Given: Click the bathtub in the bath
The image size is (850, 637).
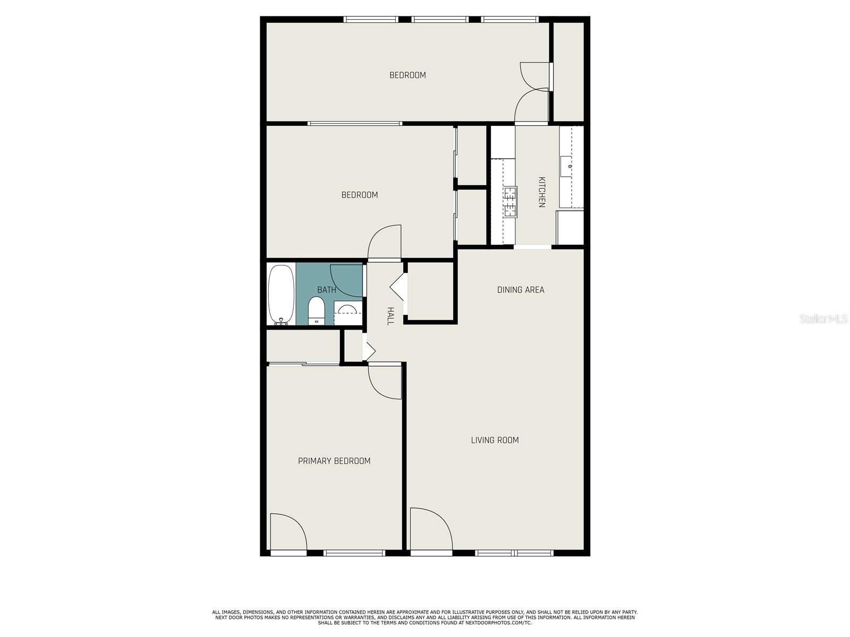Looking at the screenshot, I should [281, 295].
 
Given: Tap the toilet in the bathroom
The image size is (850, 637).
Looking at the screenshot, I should [316, 311].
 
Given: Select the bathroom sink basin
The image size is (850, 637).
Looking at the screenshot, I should [347, 309].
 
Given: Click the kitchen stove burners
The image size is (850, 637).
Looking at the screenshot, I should [510, 202].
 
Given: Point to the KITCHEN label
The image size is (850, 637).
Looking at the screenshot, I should [541, 192].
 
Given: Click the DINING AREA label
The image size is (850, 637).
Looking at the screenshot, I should [521, 290].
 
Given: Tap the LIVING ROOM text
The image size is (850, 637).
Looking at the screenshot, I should [495, 440].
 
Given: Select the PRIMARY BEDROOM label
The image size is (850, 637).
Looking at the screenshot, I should [334, 461].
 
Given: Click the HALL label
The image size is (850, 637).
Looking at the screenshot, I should [390, 316].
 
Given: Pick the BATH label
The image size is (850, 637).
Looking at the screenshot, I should [326, 290].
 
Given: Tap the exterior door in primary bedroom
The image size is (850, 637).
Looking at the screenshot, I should [287, 532].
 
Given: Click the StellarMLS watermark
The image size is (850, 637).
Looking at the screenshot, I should [823, 319].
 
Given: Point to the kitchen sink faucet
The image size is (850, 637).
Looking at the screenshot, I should [569, 166].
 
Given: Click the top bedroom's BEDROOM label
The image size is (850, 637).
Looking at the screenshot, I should [407, 75].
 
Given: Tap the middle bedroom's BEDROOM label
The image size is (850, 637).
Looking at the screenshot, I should [360, 195].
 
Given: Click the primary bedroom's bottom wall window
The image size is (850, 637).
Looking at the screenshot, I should [354, 553].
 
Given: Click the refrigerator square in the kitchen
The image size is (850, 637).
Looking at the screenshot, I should [569, 227].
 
